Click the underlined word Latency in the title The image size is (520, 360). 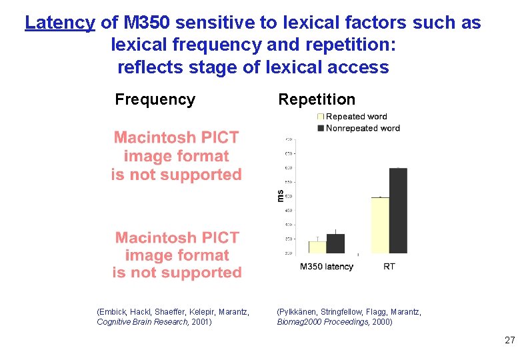60,23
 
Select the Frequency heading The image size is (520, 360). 155,99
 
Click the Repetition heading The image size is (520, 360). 317,99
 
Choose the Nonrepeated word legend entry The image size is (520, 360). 362,127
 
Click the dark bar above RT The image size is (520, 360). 398,211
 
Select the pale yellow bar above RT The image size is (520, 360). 380,225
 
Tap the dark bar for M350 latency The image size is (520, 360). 335,243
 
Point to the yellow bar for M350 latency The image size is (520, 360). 317,247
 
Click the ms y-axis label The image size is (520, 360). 280,195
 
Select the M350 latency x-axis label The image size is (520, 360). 327,267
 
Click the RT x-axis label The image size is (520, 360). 389,267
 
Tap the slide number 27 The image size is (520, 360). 509,340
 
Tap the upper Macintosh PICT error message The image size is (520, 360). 176,156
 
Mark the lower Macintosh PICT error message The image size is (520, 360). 177,255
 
